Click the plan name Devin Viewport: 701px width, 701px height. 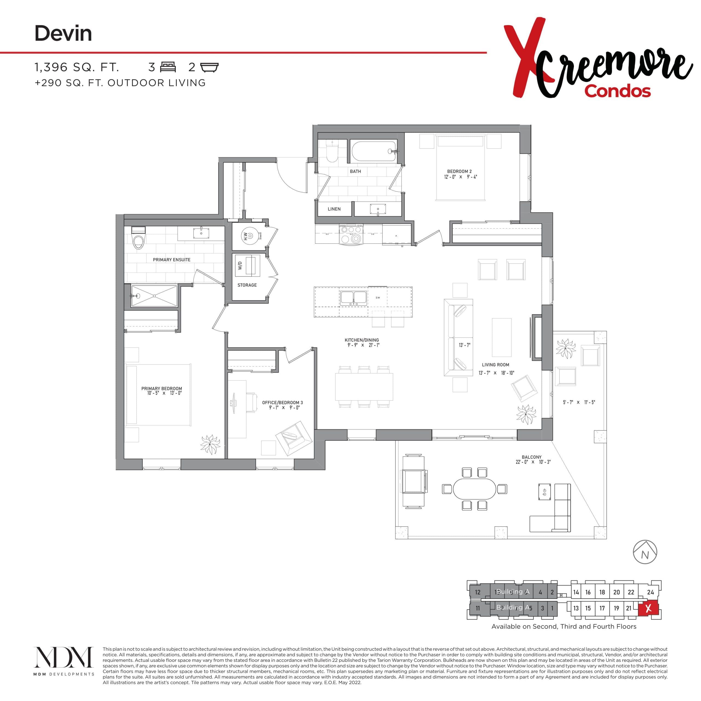[63, 33]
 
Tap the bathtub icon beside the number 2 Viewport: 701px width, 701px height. [209, 67]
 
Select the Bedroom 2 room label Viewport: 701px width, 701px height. [459, 171]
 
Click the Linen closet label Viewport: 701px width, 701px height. [334, 209]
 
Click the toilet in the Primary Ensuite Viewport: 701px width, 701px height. [138, 239]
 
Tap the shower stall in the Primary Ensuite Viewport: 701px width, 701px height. [154, 296]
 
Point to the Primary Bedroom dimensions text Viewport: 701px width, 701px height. [164, 393]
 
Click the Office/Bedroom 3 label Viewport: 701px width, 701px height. [282, 402]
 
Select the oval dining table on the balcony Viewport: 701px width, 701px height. [474, 489]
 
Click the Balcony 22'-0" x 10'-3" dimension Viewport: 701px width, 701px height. [533, 462]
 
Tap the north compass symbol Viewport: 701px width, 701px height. [645, 552]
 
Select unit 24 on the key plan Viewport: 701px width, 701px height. [650, 592]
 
